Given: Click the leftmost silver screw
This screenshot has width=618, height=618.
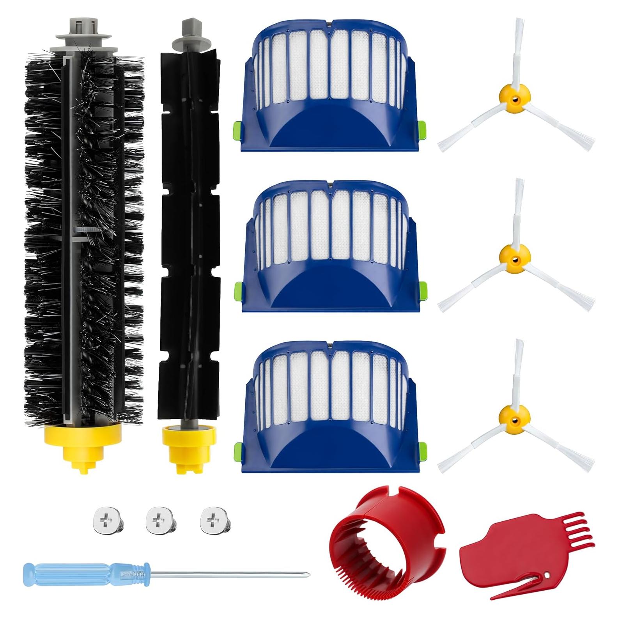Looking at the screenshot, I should click(x=104, y=521).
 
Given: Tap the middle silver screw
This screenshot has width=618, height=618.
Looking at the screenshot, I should click(x=158, y=521).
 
